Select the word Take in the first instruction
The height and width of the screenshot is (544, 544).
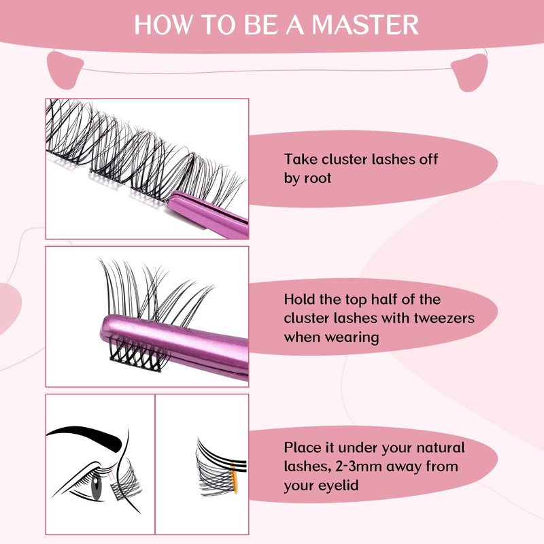click(301, 160)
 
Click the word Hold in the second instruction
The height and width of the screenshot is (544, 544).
click(301, 300)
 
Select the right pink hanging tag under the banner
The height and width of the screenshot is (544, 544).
click(472, 70)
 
